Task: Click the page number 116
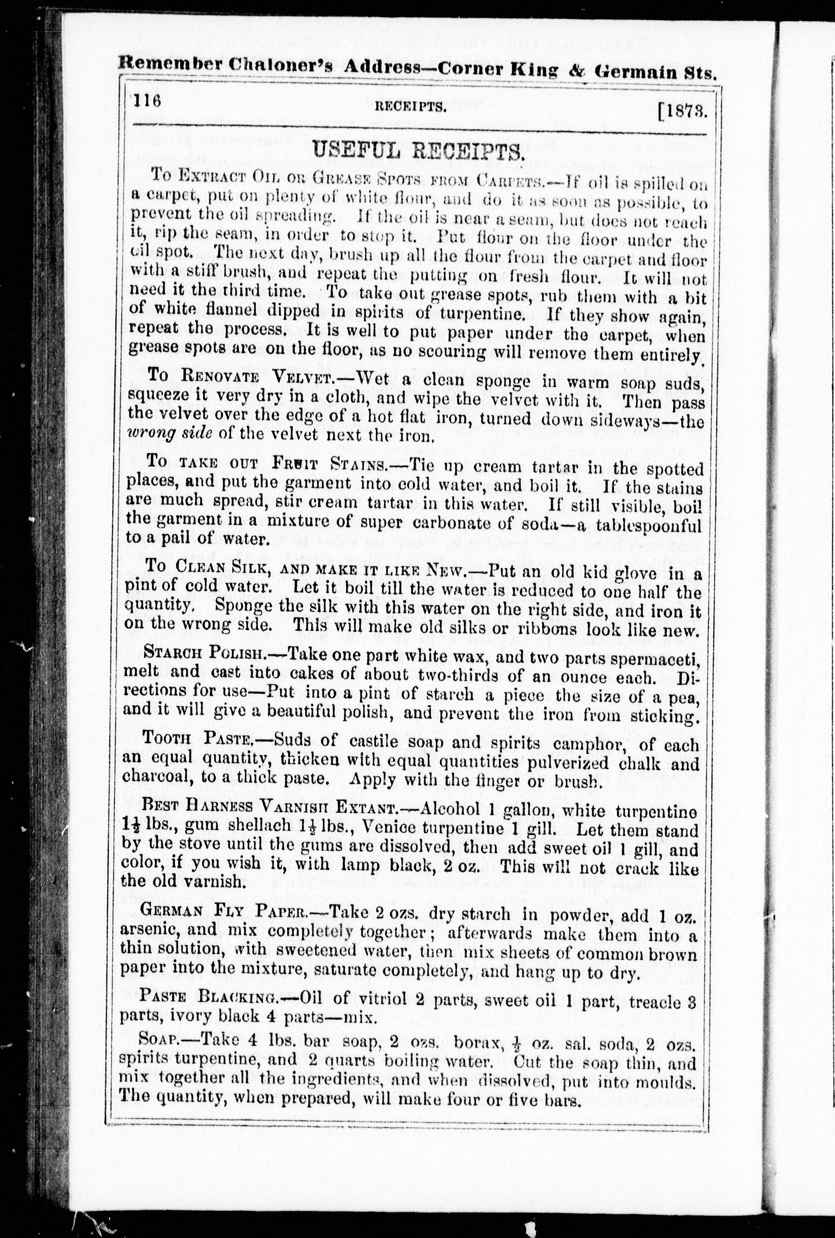tap(148, 101)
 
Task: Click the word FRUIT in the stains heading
tap(295, 462)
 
